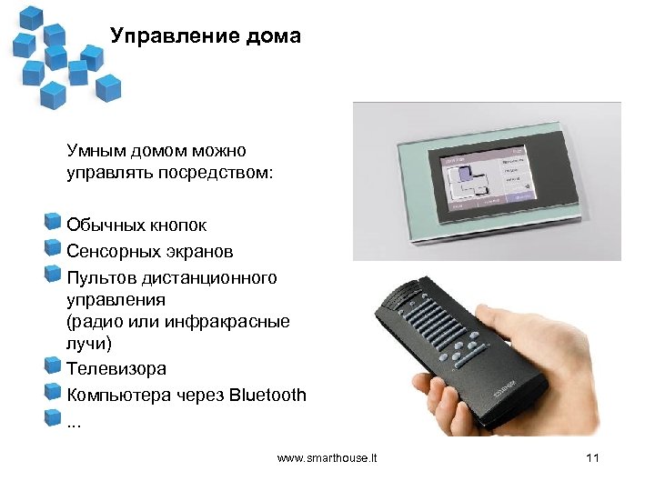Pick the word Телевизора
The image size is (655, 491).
[116, 369]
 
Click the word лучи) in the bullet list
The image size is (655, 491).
[86, 344]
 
